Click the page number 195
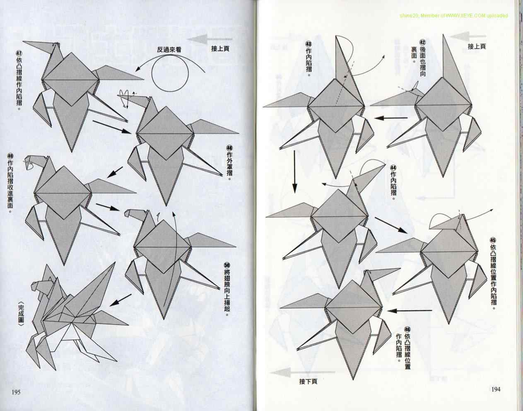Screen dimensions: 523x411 (x=16, y=392)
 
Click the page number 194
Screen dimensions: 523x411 (x=496, y=389)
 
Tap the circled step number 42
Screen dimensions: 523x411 (x=422, y=42)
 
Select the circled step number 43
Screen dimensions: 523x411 (x=308, y=44)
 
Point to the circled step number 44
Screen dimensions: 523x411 (x=393, y=167)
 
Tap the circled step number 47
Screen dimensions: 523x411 (x=19, y=53)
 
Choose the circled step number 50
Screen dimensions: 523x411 (x=227, y=265)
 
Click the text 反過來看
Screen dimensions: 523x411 (x=169, y=50)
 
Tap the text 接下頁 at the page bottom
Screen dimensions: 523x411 (x=308, y=382)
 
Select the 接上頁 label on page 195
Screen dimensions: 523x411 (x=220, y=48)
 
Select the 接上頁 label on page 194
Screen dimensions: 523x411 (x=477, y=46)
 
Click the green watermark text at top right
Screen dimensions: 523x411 (x=454, y=16)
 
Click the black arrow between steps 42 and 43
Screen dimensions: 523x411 (x=390, y=118)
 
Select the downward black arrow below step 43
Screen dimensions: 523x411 (x=295, y=172)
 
